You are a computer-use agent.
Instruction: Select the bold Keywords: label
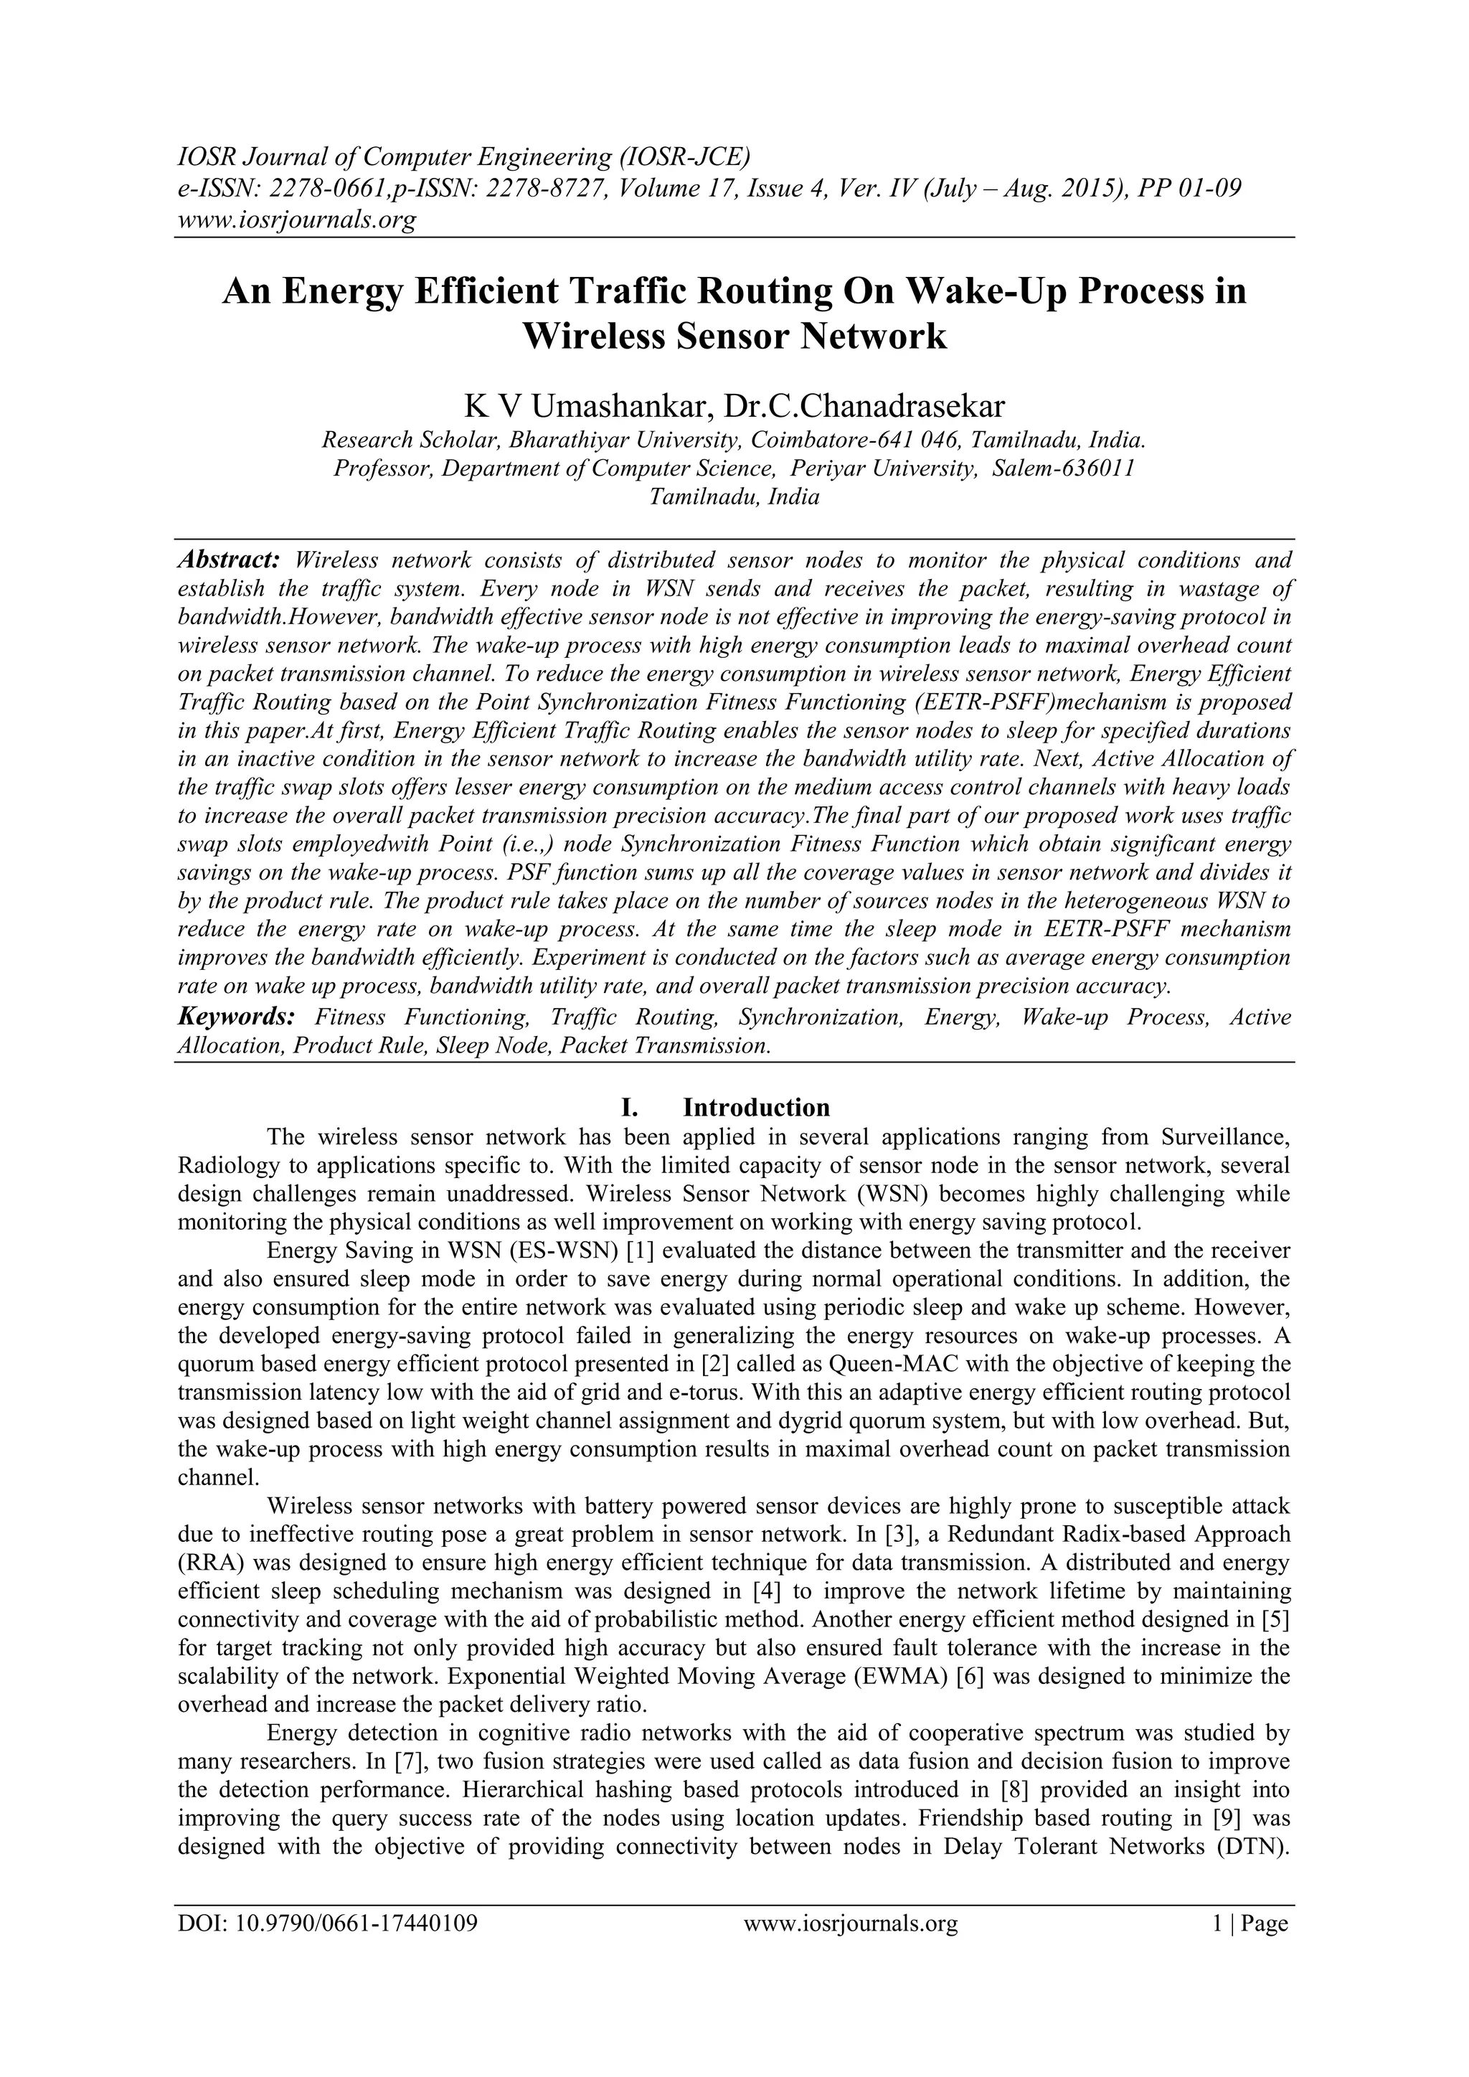pos(236,1017)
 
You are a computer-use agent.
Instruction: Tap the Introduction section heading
pos(756,1107)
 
